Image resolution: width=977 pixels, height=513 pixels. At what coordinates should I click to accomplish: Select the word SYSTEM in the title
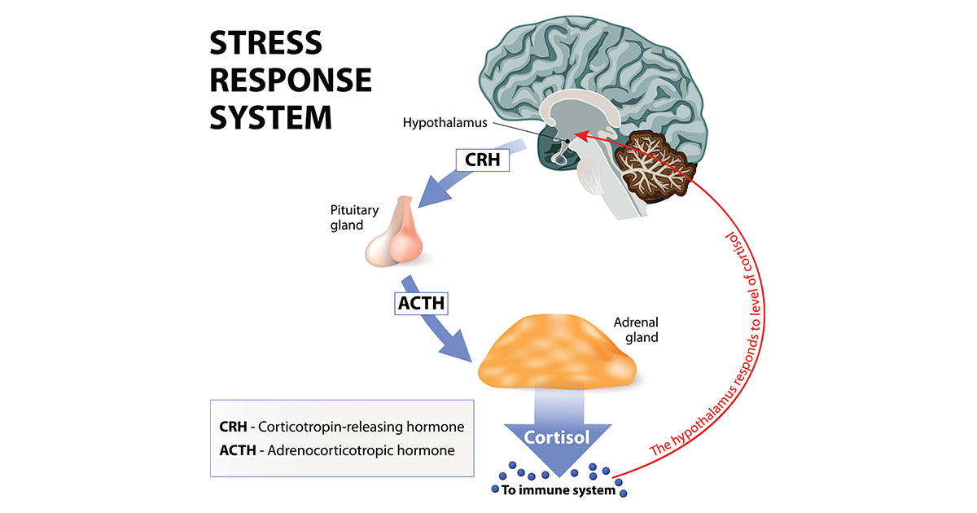pyautogui.click(x=270, y=117)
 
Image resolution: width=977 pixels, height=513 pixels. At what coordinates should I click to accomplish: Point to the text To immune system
pyautogui.click(x=559, y=490)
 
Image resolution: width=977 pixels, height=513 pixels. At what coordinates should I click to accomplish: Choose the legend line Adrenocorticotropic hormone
pyautogui.click(x=337, y=449)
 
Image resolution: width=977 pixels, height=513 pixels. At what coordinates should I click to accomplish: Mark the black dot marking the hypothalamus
pyautogui.click(x=567, y=142)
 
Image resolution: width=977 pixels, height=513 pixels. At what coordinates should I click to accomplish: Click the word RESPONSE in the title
pyautogui.click(x=291, y=81)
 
